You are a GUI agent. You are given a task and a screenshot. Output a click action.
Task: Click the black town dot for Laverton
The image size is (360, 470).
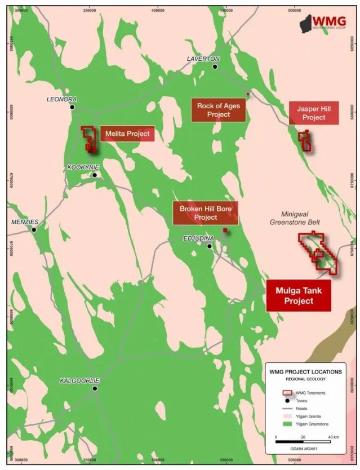coord(215,66)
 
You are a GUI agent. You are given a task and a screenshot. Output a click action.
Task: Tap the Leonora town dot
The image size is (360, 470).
coord(72,107)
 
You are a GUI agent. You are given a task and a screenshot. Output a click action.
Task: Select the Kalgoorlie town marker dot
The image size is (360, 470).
coord(95,388)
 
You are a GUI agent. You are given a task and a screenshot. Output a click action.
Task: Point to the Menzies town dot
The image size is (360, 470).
coord(34,229)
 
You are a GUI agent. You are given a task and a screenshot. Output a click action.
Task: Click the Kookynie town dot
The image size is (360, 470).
coord(95,175)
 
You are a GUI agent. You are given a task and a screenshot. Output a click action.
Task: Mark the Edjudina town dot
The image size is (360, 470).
coord(210,246)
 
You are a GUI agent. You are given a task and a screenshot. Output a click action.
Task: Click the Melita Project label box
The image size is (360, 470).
coord(127,134)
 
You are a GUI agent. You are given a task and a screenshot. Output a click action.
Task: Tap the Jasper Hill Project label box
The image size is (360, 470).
coord(314,113)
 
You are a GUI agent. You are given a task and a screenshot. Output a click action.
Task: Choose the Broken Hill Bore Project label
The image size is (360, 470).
coord(206,213)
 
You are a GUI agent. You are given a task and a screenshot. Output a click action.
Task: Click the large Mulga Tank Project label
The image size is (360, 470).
coord(298,296)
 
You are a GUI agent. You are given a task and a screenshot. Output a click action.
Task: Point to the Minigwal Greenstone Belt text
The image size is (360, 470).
coord(301,218)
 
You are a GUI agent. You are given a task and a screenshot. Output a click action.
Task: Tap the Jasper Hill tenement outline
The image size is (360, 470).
coord(305,140)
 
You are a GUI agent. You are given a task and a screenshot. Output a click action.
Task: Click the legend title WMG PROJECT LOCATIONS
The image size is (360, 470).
coord(305,372)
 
